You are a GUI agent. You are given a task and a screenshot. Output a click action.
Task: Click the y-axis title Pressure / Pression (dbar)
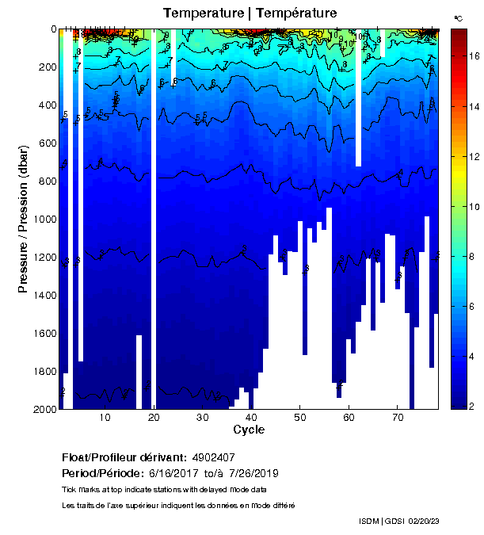coord(23,220)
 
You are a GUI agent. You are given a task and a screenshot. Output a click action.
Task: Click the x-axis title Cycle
coord(249,430)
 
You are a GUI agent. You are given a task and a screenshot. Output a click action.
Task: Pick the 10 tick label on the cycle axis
coord(105,418)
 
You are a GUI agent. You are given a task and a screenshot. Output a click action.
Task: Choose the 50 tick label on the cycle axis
coord(299,418)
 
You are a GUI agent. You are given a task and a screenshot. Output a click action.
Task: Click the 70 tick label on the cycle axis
coord(397,418)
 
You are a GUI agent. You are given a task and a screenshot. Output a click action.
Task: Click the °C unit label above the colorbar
coord(459,17)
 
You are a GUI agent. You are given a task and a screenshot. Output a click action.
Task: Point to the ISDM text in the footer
coord(369,521)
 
